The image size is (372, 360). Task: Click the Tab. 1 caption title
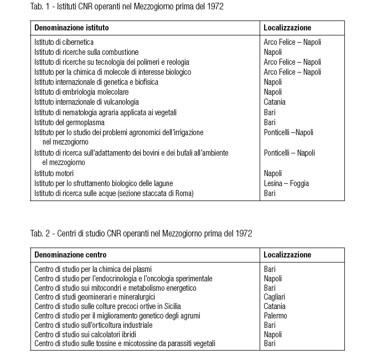[x=127, y=7]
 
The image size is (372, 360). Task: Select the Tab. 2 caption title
[x=141, y=233]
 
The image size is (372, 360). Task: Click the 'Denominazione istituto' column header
[x=71, y=27]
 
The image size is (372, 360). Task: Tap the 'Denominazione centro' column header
[x=70, y=255]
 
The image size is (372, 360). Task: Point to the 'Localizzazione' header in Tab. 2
[x=287, y=255]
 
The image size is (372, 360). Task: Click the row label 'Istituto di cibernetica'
[x=64, y=42]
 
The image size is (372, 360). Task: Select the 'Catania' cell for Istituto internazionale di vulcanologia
[x=275, y=102]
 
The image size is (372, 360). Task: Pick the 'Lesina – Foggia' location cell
[x=286, y=183]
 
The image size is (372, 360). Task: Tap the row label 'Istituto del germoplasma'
[x=69, y=122]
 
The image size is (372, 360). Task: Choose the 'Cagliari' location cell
[x=275, y=297]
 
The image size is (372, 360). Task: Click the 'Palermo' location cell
[x=276, y=316]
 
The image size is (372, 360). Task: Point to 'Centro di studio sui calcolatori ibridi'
[x=85, y=335]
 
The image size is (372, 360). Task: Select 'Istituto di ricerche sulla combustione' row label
[x=86, y=52]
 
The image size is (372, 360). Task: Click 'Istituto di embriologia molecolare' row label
[x=81, y=92]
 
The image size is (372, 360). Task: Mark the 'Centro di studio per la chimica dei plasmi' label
[x=93, y=269]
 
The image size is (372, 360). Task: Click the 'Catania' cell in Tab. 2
[x=275, y=306]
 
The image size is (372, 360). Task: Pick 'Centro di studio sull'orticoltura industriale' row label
[x=94, y=325]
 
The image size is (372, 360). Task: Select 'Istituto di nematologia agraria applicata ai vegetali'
[x=106, y=112]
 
